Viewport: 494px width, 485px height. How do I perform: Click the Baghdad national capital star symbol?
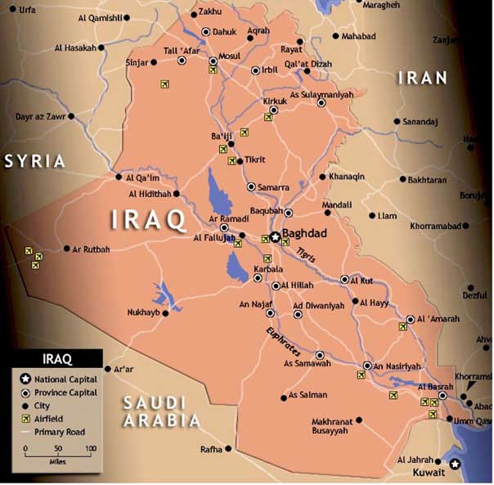tap(276, 236)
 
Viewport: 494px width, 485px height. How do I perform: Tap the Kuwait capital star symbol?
tap(456, 464)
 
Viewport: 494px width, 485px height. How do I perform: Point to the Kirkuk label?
tap(274, 101)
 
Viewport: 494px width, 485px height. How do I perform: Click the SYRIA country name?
tap(34, 161)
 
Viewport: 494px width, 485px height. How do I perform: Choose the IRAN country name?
tap(422, 78)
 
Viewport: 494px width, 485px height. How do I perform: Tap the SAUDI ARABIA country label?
tap(160, 411)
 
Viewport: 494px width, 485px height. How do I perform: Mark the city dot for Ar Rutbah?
tap(66, 249)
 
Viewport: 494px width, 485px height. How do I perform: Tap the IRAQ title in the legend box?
tap(56, 359)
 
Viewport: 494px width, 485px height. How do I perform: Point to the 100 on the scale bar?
tap(90, 448)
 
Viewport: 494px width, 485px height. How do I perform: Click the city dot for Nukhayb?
tap(165, 312)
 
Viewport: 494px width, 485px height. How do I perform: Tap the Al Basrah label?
tap(433, 386)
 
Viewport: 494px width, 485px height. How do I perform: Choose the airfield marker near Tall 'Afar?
tap(164, 83)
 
